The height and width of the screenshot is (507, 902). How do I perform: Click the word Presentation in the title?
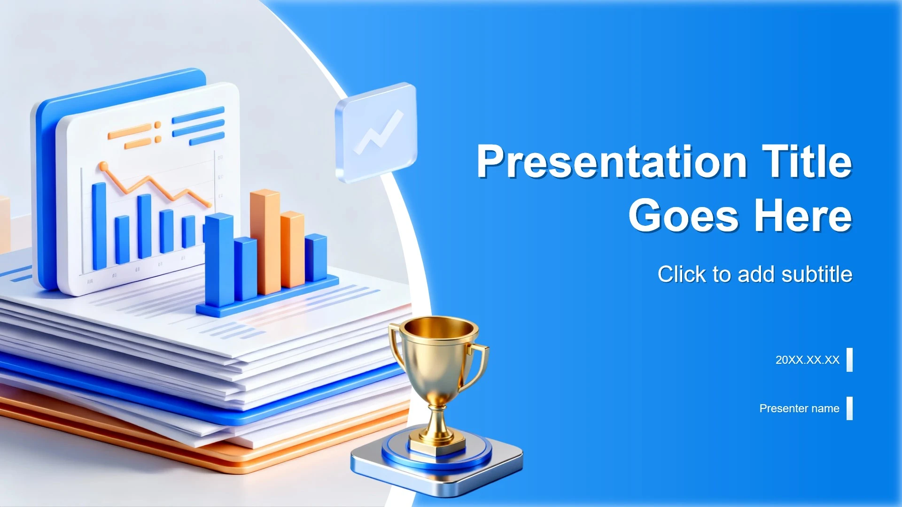pyautogui.click(x=612, y=161)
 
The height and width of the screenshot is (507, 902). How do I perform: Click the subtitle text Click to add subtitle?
pyautogui.click(x=755, y=274)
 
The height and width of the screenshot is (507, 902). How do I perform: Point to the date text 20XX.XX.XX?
pyautogui.click(x=807, y=360)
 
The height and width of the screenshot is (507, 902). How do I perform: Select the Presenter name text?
pyautogui.click(x=799, y=408)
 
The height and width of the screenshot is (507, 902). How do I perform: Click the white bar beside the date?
pyautogui.click(x=849, y=360)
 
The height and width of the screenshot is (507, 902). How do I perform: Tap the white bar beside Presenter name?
pyautogui.click(x=849, y=408)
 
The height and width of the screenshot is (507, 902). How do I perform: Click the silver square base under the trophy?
pyautogui.click(x=437, y=462)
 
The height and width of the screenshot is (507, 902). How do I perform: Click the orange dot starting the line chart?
pyautogui.click(x=103, y=167)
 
